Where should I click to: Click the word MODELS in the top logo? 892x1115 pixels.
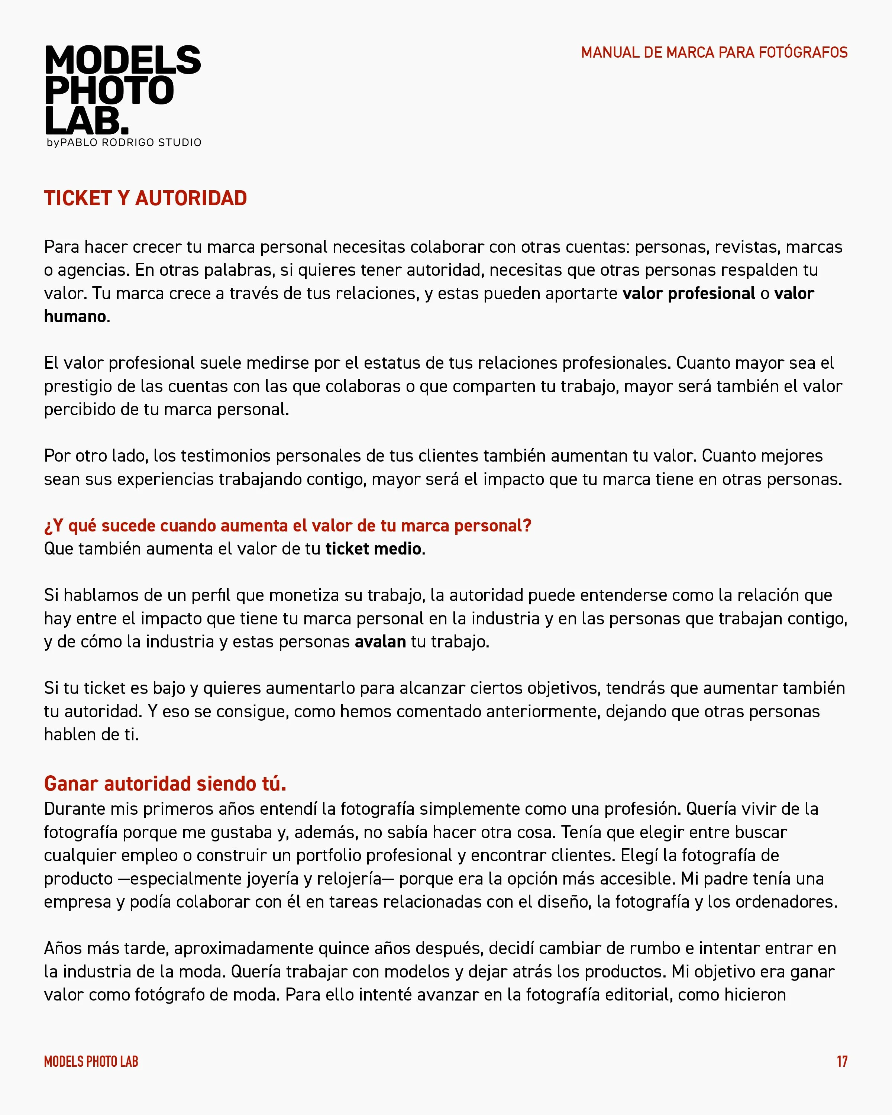point(123,61)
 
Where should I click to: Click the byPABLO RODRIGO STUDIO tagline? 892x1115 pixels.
point(124,143)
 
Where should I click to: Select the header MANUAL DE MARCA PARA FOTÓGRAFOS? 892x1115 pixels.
point(714,53)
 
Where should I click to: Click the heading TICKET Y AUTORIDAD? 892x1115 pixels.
point(145,198)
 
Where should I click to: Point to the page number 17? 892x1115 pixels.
point(842,1062)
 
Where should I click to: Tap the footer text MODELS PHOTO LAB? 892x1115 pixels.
point(91,1062)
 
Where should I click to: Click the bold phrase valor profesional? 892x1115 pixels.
point(688,293)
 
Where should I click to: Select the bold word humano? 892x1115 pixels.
point(75,317)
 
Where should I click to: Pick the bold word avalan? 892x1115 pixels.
point(380,642)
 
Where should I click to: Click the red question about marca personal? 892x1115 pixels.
point(288,526)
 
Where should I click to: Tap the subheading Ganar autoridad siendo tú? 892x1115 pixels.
point(165,783)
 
